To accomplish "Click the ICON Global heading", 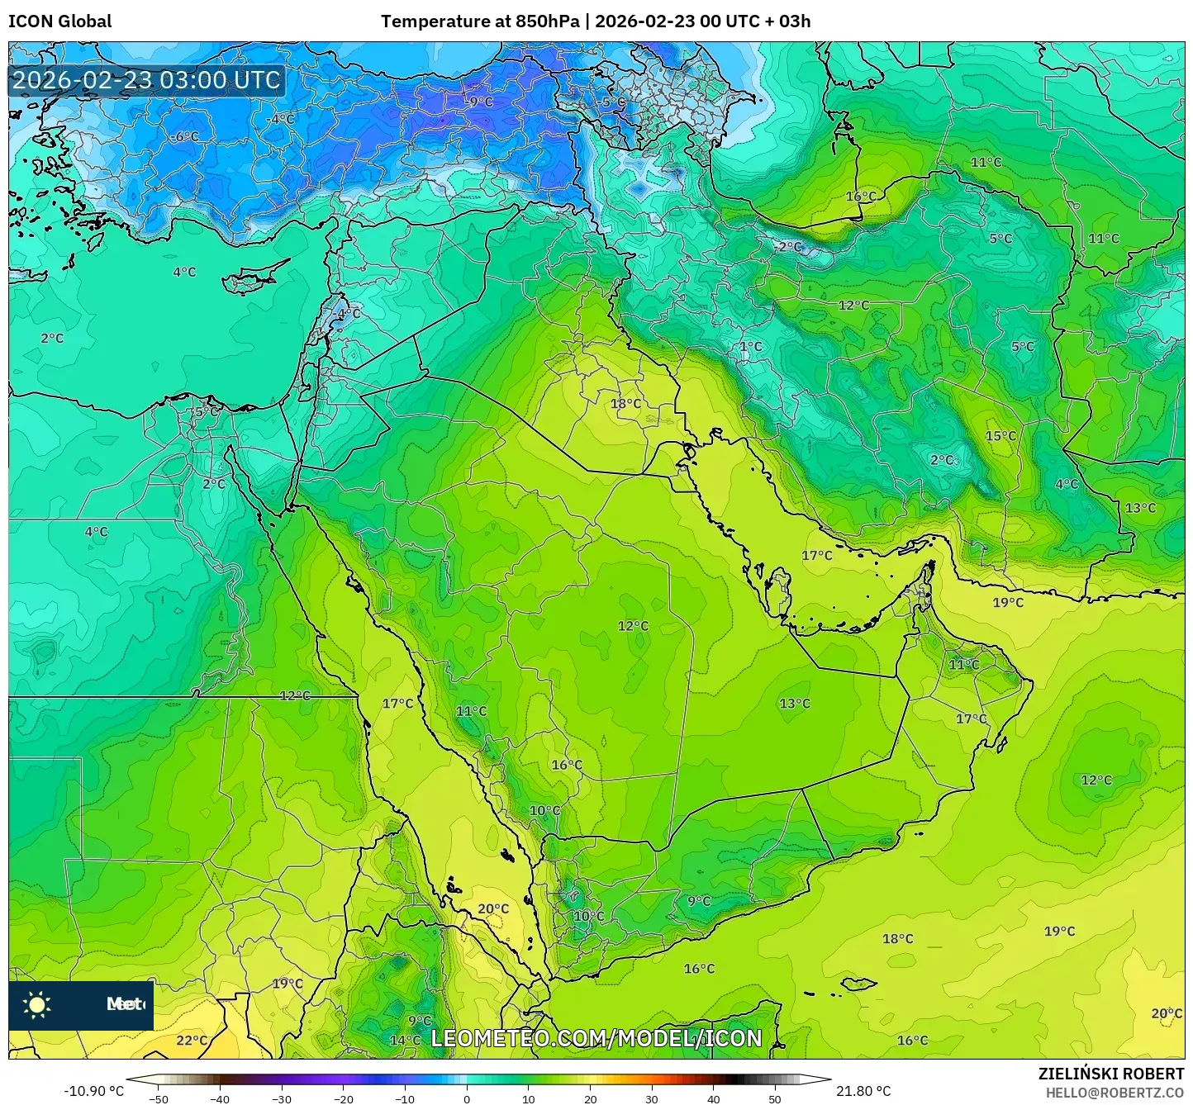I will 59,21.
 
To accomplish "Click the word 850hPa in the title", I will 547,21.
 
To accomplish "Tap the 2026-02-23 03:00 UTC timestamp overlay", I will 146,80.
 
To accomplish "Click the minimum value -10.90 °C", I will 93,1091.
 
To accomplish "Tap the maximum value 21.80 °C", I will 863,1091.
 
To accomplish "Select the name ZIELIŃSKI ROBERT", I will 1110,1074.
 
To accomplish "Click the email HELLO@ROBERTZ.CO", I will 1115,1093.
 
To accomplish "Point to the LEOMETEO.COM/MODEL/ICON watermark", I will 596,1038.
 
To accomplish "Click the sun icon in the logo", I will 37,1005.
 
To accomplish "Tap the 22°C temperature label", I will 192,1041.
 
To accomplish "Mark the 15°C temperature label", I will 1001,436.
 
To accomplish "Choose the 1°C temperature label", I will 750,347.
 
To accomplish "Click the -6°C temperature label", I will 184,137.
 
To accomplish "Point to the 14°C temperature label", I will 405,1041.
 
